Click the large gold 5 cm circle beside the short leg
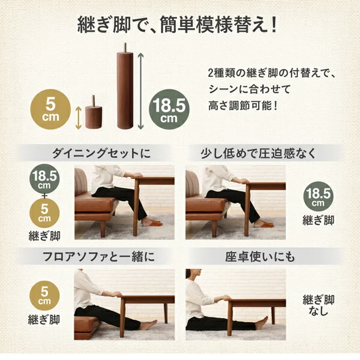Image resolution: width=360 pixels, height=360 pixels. [50, 109]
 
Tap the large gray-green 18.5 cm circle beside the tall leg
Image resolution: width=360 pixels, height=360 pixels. [169, 109]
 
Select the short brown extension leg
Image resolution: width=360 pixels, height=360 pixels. [94, 112]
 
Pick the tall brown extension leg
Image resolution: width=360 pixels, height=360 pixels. [125, 85]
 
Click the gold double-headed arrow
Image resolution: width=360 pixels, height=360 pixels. [79, 118]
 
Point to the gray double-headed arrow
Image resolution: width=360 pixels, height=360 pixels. [140, 91]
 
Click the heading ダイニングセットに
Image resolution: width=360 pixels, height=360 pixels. [101, 153]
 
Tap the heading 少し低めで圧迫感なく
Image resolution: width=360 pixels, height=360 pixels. [259, 153]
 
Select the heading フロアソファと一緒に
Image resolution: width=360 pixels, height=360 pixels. [99, 256]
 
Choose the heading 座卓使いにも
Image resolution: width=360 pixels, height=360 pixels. [260, 256]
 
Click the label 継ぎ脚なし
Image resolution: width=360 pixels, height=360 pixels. [318, 305]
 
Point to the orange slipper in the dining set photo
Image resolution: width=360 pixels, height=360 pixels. [152, 223]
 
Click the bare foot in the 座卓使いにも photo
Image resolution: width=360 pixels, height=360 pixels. [262, 323]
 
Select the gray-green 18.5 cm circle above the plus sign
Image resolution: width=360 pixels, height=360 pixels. [44, 179]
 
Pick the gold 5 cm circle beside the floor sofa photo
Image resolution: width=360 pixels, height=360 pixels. [44, 296]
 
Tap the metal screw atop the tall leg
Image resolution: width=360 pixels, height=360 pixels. [125, 48]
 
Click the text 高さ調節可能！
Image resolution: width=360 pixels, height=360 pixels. [243, 106]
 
